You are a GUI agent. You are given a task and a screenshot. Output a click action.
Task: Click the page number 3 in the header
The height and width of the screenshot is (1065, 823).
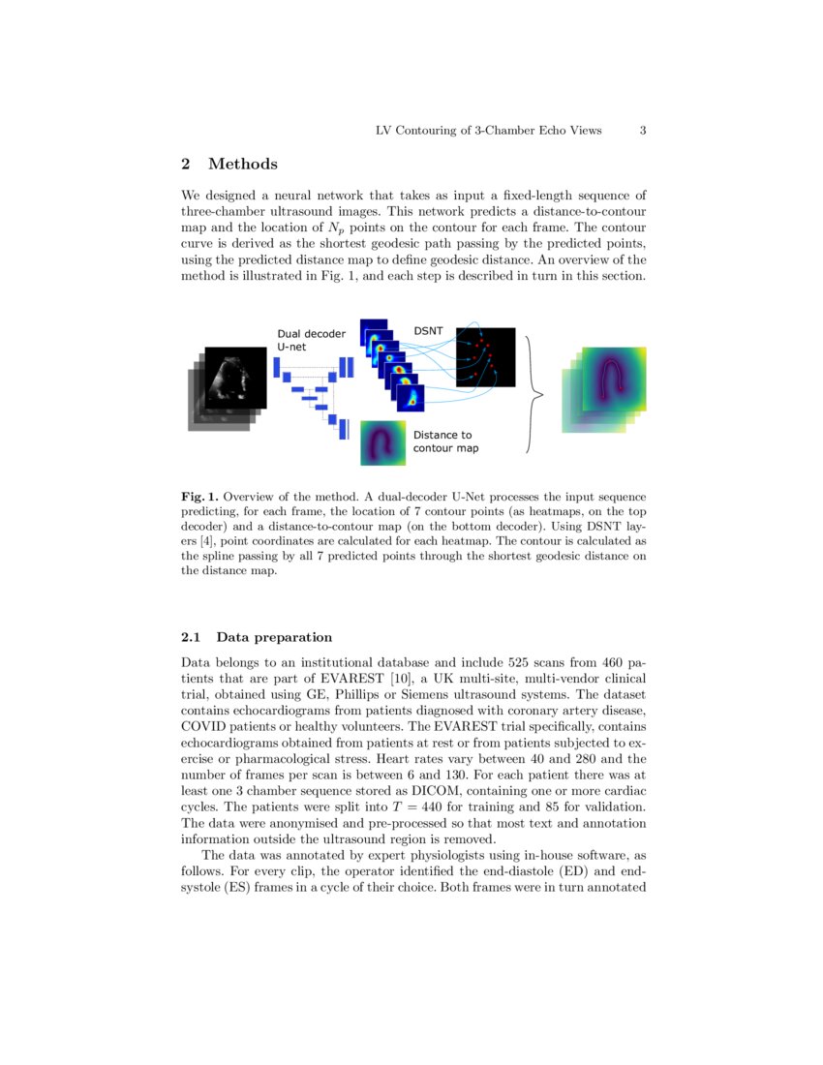click(x=643, y=131)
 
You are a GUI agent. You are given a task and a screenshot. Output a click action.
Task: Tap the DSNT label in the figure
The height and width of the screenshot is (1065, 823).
click(x=428, y=331)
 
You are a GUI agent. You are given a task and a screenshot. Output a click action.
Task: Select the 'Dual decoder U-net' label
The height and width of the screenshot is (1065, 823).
click(x=311, y=341)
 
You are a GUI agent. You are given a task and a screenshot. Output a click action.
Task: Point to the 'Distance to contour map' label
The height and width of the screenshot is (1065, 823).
click(x=445, y=441)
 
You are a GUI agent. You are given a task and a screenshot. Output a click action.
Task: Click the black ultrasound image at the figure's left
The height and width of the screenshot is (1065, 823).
click(x=233, y=378)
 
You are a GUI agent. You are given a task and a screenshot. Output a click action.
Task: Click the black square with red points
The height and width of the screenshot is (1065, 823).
click(x=485, y=357)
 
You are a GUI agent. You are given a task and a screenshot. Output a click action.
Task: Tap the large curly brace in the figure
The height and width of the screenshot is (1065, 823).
click(x=531, y=394)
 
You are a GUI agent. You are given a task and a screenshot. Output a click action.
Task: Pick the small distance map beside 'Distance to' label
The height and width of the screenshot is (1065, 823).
click(x=382, y=443)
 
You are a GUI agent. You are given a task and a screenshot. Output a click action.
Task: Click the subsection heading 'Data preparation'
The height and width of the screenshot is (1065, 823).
click(x=274, y=637)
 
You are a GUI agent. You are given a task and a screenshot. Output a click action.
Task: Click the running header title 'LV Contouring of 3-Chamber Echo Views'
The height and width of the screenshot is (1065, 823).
click(x=488, y=131)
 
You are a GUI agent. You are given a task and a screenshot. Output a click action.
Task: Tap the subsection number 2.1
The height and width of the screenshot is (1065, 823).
click(x=192, y=637)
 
